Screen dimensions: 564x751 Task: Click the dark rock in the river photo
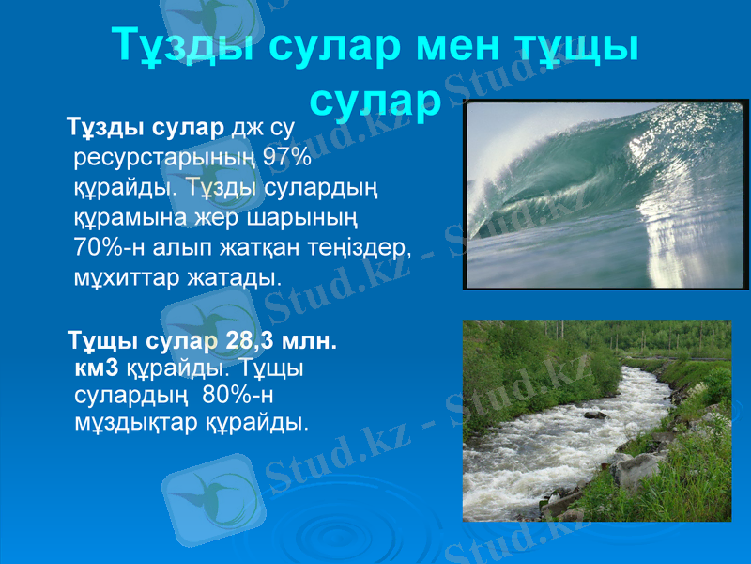click(x=594, y=414)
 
